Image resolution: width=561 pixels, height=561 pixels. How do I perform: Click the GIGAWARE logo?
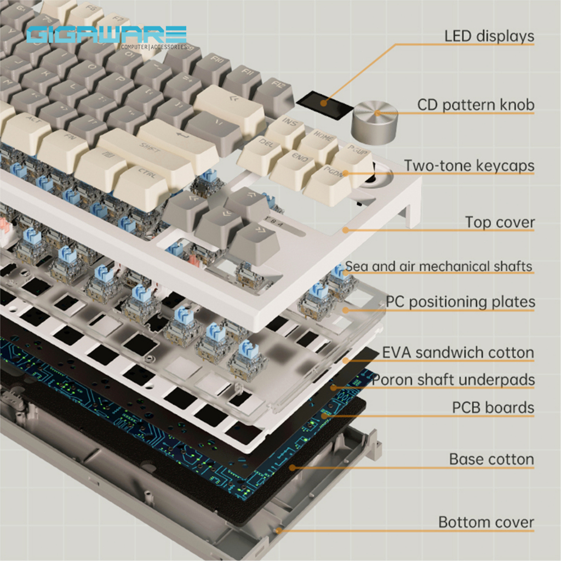pyautogui.click(x=106, y=36)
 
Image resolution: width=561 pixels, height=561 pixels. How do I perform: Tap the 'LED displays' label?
pyautogui.click(x=489, y=36)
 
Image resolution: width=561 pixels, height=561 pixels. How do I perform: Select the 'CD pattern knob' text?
pyautogui.click(x=475, y=104)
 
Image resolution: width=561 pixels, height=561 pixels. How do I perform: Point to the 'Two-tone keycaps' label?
pyautogui.click(x=469, y=165)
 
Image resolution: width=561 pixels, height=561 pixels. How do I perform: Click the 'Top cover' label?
pyautogui.click(x=500, y=222)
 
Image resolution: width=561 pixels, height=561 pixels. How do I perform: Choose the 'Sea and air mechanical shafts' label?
pyautogui.click(x=438, y=267)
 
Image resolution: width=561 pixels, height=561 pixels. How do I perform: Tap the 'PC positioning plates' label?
pyautogui.click(x=460, y=301)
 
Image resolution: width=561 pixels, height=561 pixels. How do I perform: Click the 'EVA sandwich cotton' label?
pyautogui.click(x=457, y=352)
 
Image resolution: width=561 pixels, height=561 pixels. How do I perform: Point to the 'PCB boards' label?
pyautogui.click(x=493, y=408)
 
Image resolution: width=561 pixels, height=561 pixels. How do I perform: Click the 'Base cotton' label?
pyautogui.click(x=491, y=459)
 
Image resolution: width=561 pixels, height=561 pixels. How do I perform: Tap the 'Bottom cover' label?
pyautogui.click(x=485, y=522)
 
